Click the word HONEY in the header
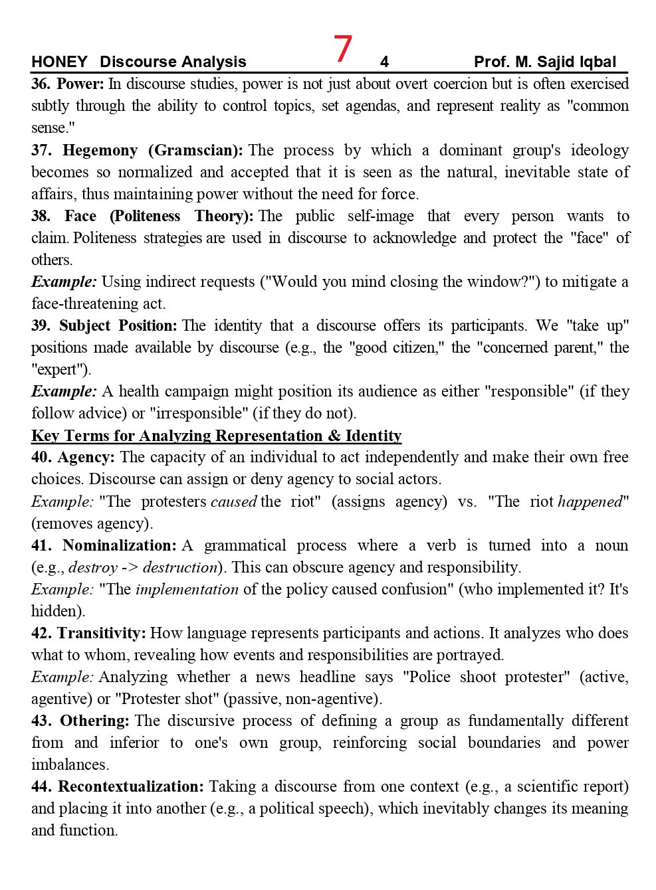[59, 62]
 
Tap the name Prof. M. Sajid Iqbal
[544, 62]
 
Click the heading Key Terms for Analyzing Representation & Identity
[216, 436]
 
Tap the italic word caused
[233, 501]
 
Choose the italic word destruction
[180, 567]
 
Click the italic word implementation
[187, 589]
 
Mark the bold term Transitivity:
[101, 633]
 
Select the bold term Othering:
[94, 721]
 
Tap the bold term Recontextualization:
[131, 786]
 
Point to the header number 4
[384, 62]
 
